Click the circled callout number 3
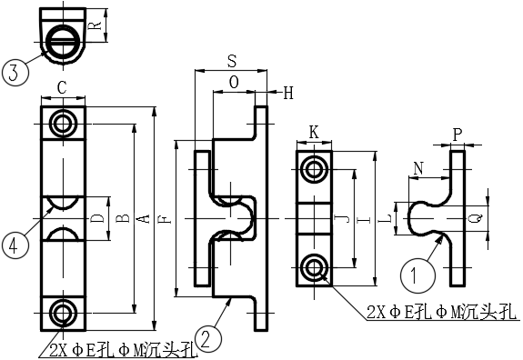coord(15,73)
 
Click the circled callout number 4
coord(15,245)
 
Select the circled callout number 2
coord(209,339)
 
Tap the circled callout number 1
coord(417,275)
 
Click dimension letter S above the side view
coord(232,61)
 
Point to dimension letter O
coord(234,82)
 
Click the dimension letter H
coord(287,93)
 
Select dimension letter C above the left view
coord(63,88)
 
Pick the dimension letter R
coord(96,26)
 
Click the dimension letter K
coord(314,133)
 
